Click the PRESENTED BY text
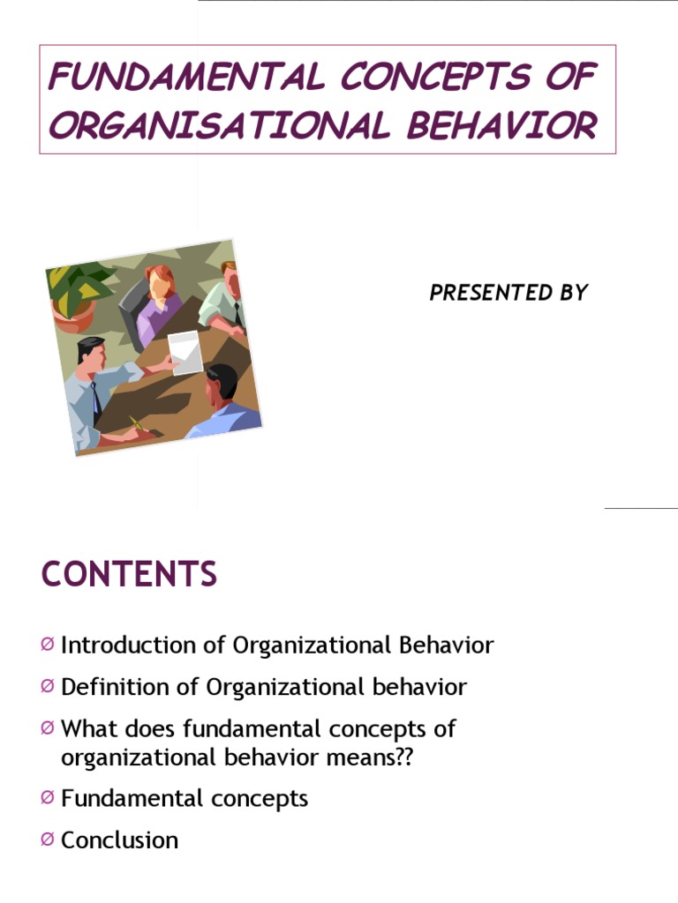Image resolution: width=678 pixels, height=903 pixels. pos(508,294)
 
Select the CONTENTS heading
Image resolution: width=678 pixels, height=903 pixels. pos(129,575)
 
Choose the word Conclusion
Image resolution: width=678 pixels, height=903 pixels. pos(119,840)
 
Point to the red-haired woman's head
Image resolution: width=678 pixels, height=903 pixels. pos(159,282)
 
